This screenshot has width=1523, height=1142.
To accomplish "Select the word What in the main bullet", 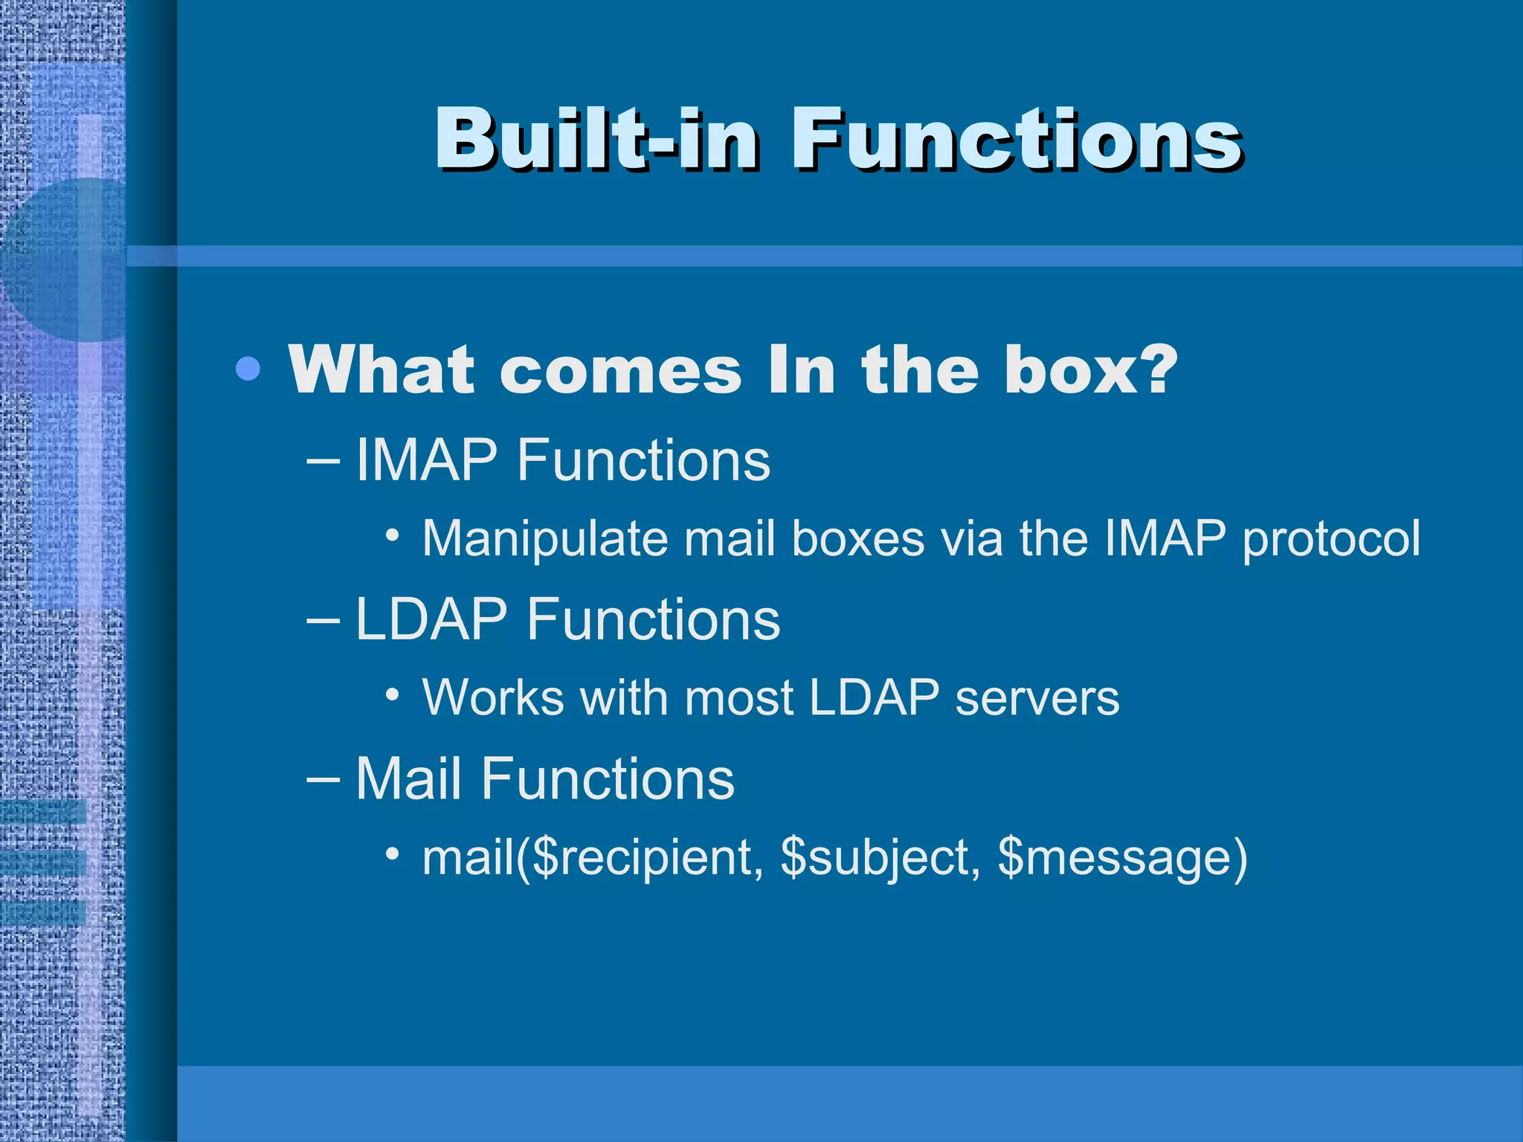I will tap(381, 370).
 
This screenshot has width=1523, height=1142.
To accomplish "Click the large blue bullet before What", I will tap(248, 368).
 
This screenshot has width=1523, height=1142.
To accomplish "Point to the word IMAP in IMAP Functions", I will tap(426, 460).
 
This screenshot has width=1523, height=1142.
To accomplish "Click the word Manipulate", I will tap(545, 538).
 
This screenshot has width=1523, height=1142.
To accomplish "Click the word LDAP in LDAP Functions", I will tap(431, 619).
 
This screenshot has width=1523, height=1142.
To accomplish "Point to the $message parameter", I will tap(1113, 857).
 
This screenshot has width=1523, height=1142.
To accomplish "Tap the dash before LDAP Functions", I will tap(323, 621).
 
